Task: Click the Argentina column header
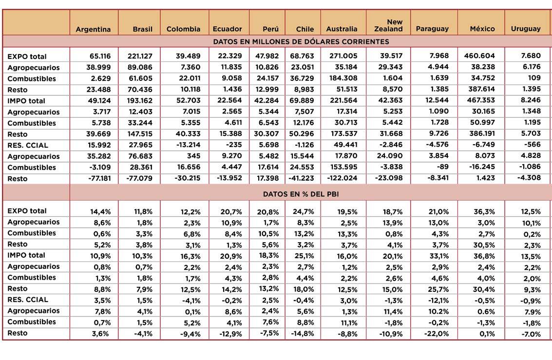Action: [93, 29]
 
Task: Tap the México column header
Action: [482, 29]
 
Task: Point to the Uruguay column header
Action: [526, 29]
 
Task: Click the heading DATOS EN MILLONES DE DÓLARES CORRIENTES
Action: [301, 41]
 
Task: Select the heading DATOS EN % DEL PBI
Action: [301, 194]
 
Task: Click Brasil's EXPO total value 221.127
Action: [140, 56]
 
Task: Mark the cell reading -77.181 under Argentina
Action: [98, 178]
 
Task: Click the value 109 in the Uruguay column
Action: [534, 78]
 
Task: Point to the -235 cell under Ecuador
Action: [233, 145]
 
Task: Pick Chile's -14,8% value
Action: [304, 334]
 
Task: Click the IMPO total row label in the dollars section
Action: [26, 101]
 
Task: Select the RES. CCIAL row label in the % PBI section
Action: [28, 300]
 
